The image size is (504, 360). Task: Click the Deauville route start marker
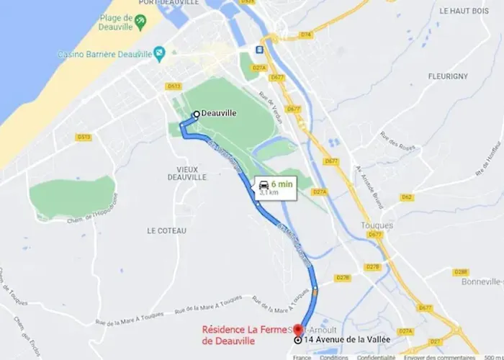pyautogui.click(x=195, y=114)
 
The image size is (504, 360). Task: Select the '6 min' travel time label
pyautogui.click(x=282, y=184)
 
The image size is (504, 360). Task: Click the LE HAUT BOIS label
pyautogui.click(x=464, y=12)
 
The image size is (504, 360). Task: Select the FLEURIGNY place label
pyautogui.click(x=447, y=76)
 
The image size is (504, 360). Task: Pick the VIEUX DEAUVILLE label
pyautogui.click(x=186, y=173)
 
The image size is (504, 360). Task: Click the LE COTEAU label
pyautogui.click(x=166, y=230)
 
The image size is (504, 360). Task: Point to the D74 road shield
pyautogui.click(x=306, y=34)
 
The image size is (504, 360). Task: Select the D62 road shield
pyautogui.click(x=408, y=197)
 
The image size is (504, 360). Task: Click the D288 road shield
pyautogui.click(x=461, y=272)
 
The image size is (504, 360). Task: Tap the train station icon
pyautogui.click(x=258, y=50)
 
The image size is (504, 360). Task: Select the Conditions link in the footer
pyautogui.click(x=333, y=356)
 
